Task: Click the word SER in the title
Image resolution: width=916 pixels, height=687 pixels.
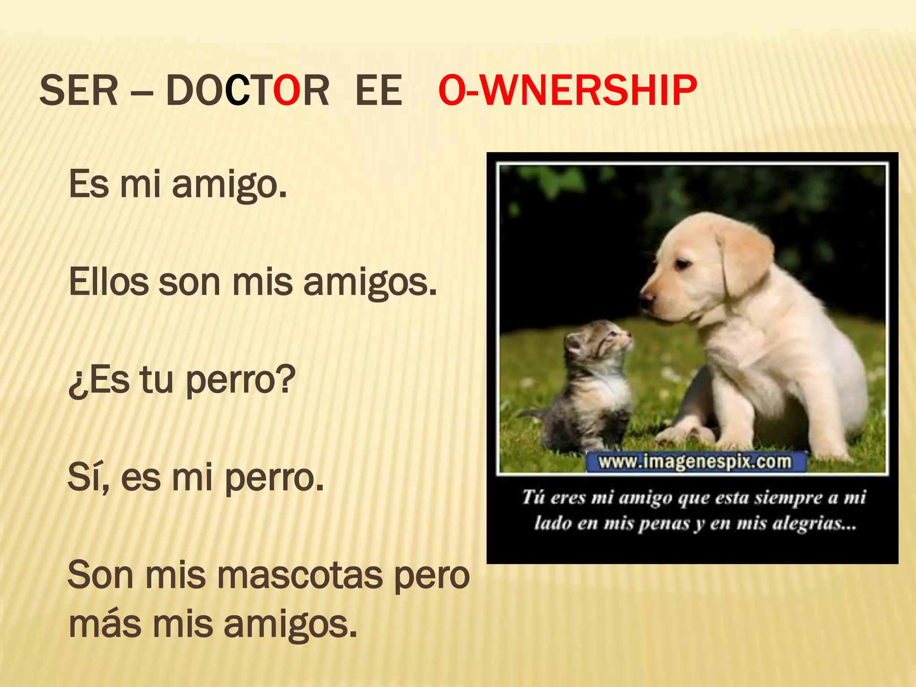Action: pos(79,91)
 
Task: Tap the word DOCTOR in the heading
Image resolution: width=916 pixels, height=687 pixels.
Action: pos(247,91)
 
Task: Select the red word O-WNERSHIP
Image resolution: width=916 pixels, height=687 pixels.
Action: pos(567,91)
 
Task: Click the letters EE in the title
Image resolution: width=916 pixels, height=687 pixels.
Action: pos(378,91)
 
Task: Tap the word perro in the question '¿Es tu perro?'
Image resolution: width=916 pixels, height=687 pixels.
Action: pos(240,381)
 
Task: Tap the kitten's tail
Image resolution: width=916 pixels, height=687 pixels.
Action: pos(532,414)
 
